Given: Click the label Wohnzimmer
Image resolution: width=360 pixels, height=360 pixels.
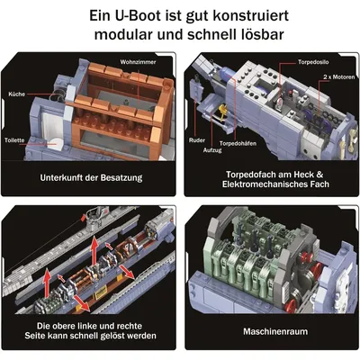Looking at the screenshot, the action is [138, 62].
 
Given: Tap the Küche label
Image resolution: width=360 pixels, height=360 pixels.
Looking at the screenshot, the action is [17, 94].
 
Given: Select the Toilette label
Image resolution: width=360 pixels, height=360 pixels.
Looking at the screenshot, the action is [14, 140].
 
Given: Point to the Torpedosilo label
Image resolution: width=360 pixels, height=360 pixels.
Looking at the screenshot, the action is [313, 62].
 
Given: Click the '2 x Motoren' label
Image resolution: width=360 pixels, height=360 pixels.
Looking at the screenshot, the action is [339, 77].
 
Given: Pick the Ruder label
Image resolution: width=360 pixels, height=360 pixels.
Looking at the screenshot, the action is [197, 140].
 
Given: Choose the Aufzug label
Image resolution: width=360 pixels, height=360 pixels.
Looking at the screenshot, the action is [212, 150].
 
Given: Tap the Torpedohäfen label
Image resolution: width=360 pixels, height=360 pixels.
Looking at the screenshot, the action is [238, 143].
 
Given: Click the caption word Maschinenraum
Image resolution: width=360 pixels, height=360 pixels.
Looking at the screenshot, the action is [275, 331].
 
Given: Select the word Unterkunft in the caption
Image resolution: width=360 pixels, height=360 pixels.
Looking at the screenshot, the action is [61, 177].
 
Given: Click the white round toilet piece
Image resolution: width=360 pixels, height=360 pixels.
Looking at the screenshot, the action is [56, 144].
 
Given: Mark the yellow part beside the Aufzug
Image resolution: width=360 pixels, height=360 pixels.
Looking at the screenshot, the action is [222, 111].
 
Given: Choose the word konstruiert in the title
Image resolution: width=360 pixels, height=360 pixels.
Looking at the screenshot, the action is [251, 15].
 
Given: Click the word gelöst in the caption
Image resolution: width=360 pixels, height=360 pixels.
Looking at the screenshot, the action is [113, 336].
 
